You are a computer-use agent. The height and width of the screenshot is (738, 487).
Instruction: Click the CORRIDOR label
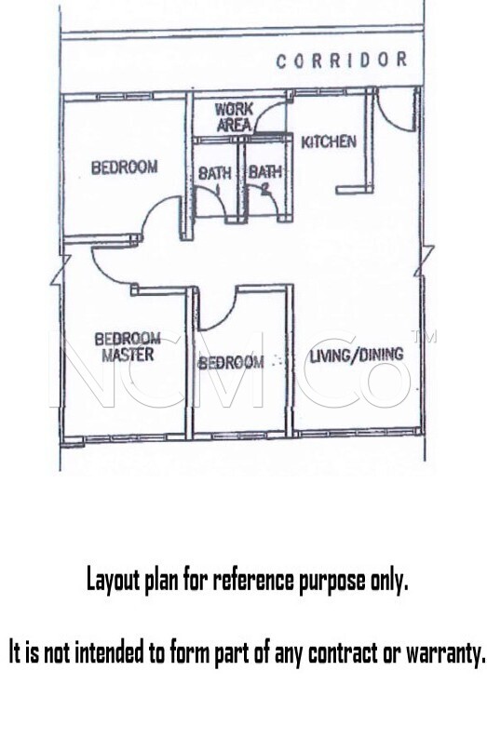click(342, 60)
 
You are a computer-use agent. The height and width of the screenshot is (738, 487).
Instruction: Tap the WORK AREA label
click(234, 117)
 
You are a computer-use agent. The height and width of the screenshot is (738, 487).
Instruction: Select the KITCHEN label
click(329, 141)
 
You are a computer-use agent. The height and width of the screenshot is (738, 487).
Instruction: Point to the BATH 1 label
click(215, 179)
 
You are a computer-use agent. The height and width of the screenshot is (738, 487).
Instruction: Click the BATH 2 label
click(265, 179)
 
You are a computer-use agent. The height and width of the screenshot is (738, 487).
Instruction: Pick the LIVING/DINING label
click(357, 355)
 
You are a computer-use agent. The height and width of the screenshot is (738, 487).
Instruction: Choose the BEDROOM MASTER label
click(128, 347)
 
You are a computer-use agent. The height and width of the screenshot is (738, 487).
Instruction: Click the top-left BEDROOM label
click(125, 168)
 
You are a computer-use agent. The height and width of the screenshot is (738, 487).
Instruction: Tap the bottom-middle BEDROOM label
click(231, 362)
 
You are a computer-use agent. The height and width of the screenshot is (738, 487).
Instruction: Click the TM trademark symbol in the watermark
click(424, 336)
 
